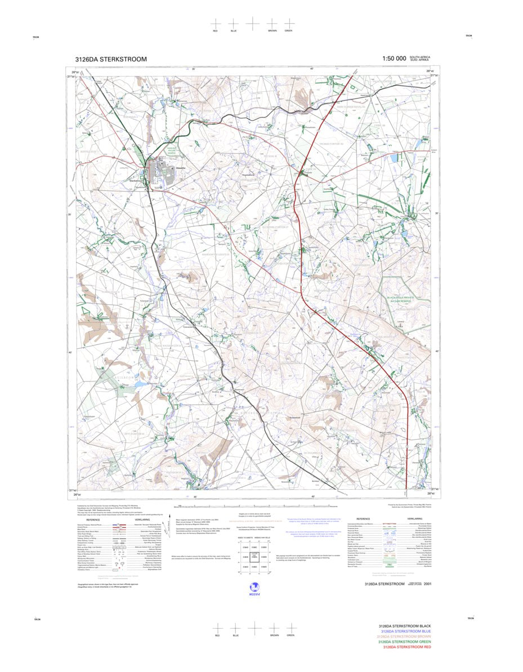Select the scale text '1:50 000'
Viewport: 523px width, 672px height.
point(394,59)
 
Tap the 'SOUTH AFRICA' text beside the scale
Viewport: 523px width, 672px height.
point(420,57)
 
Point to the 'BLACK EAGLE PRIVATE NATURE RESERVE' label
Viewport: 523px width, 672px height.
point(400,299)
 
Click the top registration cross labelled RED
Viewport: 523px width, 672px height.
point(215,24)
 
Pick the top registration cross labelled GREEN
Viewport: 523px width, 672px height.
point(289,24)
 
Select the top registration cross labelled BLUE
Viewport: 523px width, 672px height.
point(234,24)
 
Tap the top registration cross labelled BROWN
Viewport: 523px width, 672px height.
point(272,24)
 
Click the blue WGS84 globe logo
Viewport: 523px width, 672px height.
point(253,586)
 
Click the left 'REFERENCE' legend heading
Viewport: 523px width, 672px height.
point(93,519)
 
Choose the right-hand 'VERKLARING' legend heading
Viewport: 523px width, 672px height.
point(414,519)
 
